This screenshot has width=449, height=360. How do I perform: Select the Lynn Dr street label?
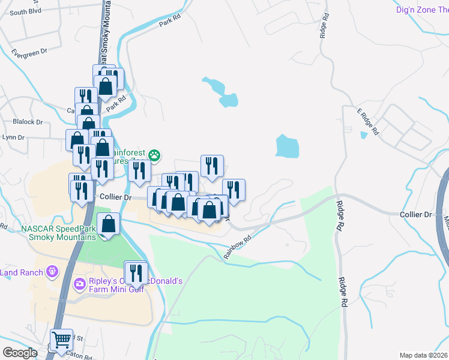pyautogui.click(x=13, y=137)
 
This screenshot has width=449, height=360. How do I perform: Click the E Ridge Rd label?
pyautogui.click(x=367, y=121)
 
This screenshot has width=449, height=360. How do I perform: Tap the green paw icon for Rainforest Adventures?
pyautogui.click(x=155, y=156)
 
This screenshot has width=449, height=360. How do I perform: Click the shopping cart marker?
pyautogui.click(x=61, y=341)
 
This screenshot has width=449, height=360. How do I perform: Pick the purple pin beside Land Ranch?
pyautogui.click(x=52, y=271)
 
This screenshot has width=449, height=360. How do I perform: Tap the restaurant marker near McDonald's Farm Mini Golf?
pyautogui.click(x=136, y=273)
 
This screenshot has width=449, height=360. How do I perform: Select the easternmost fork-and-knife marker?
pyautogui.click(x=234, y=190)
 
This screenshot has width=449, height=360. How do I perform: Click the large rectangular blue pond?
pyautogui.click(x=287, y=146)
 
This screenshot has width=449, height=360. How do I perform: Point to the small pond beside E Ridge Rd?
pyautogui.click(x=363, y=136)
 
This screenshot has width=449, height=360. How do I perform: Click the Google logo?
pyautogui.click(x=20, y=353)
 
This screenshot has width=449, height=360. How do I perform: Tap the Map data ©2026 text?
pyautogui.click(x=424, y=355)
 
